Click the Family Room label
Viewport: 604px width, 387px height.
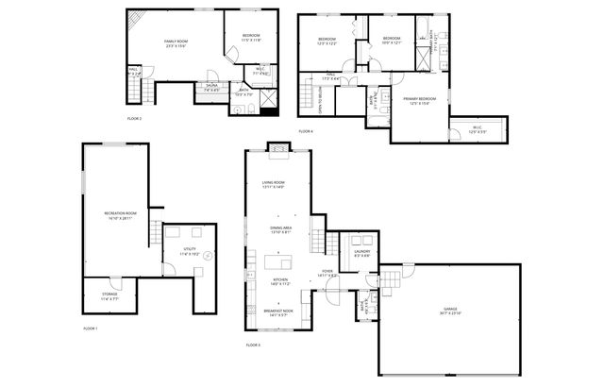[177, 43]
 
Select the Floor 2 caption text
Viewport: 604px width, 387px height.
[134, 119]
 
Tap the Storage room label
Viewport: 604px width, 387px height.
[109, 295]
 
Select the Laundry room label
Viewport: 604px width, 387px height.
[361, 253]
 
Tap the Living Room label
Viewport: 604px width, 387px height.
[274, 185]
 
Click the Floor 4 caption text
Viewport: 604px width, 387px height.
[306, 130]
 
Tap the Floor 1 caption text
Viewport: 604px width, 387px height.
[90, 328]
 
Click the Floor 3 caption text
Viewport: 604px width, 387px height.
[253, 345]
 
